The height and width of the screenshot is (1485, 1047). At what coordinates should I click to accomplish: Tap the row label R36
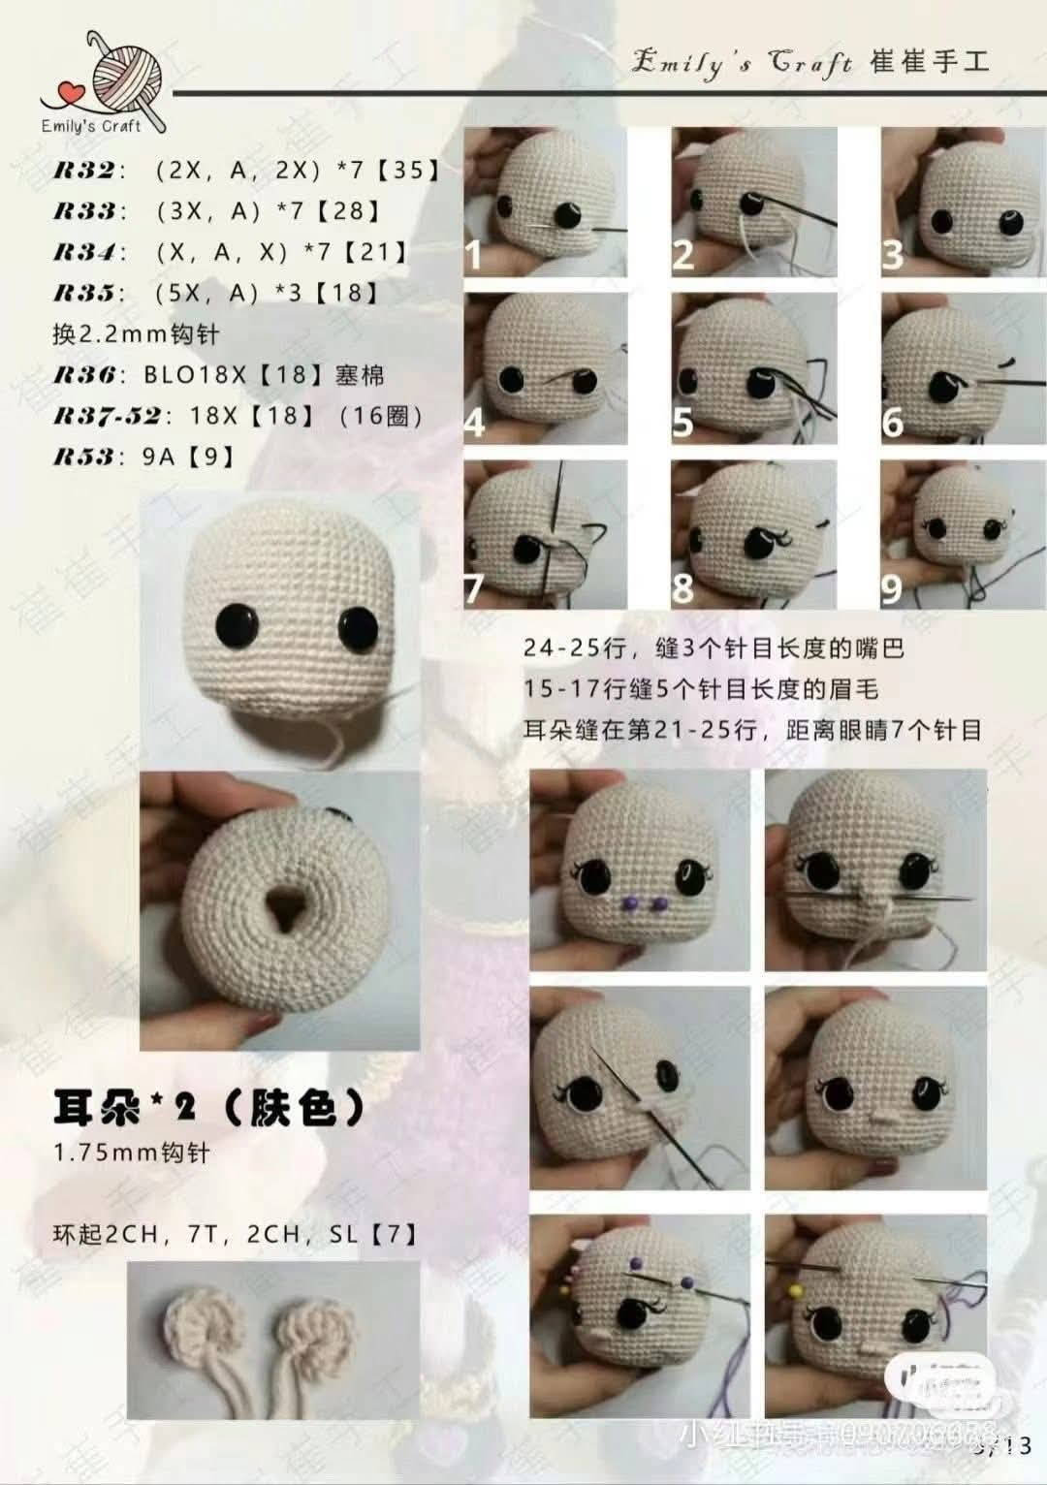point(88,375)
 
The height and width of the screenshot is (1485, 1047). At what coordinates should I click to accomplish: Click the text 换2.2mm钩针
point(136,334)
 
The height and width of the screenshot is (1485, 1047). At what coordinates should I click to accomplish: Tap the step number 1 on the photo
point(473,255)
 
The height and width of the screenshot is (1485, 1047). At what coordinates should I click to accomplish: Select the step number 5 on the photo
point(683,422)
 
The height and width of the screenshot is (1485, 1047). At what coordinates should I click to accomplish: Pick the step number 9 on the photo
point(892,588)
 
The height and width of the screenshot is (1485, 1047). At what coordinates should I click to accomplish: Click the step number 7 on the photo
point(474,588)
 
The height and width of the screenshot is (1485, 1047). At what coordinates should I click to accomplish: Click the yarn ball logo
point(126,76)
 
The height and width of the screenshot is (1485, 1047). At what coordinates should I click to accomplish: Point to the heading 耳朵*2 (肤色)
point(208,1108)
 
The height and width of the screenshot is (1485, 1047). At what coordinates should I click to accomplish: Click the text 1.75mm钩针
point(132,1153)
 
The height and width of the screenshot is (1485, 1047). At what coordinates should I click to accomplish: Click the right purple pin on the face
point(660,903)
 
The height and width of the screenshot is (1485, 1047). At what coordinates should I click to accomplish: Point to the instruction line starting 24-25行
point(714,648)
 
